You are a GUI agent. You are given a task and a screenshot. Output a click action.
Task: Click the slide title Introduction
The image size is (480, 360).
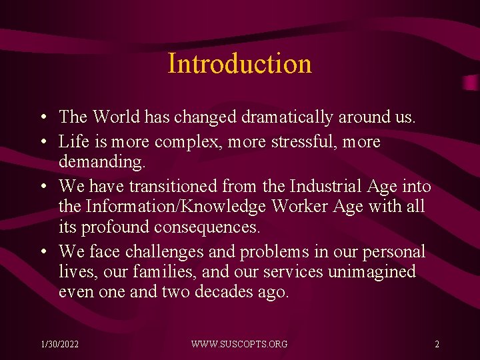(x=239, y=64)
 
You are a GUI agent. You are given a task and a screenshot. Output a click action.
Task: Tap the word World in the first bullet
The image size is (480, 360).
(x=116, y=117)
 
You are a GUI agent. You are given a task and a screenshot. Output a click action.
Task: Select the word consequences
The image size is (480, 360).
(x=207, y=227)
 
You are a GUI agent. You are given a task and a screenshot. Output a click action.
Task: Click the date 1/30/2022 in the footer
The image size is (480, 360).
(x=59, y=344)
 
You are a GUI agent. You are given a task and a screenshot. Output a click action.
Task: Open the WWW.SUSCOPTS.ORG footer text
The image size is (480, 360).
(x=239, y=344)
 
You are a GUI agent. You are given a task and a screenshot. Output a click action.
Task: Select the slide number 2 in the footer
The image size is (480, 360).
(x=437, y=344)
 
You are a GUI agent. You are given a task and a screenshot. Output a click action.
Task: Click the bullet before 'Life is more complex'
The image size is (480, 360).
(x=43, y=143)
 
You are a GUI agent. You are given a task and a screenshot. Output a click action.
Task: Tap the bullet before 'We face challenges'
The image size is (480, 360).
(x=43, y=253)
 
